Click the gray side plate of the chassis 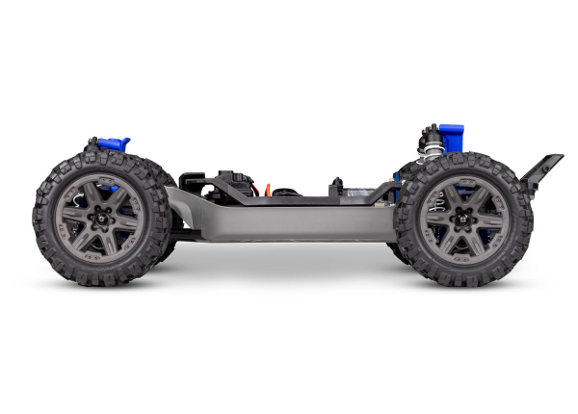tap(279, 220)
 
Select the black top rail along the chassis tap(289, 201)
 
